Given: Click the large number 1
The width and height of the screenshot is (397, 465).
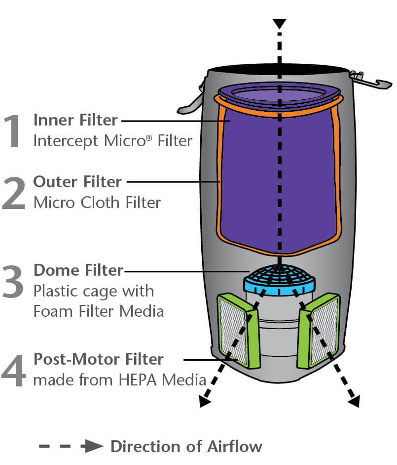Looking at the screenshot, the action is tap(13, 131).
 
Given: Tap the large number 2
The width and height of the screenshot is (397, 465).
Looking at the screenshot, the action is tap(13, 193).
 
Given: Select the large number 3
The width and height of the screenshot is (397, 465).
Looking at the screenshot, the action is tap(13, 281).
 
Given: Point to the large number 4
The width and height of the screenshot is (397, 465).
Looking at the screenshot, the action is tap(13, 370).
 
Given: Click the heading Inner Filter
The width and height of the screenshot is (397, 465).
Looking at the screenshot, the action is tap(75, 120).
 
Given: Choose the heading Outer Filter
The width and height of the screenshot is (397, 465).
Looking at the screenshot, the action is tap(77, 181).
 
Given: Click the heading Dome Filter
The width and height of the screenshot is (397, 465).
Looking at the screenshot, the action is tap(78, 270).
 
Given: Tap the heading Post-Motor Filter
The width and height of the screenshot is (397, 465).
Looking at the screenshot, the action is tap(99, 359).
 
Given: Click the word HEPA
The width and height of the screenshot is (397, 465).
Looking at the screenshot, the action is tap(138, 380).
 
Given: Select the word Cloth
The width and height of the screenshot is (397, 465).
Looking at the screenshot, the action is tap(100, 203).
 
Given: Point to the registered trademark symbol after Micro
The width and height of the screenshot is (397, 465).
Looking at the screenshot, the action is tap(149, 138).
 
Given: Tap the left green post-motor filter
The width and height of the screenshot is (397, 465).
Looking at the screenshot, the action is tap(239, 331).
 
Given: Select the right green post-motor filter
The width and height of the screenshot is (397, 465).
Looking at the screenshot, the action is tap(319, 331).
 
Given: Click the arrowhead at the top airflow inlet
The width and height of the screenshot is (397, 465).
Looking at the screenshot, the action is tap(280, 24).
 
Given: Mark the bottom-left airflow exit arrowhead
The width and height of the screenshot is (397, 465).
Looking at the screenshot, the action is tap(204, 401).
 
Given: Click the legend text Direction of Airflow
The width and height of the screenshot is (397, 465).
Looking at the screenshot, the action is tap(186, 447).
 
